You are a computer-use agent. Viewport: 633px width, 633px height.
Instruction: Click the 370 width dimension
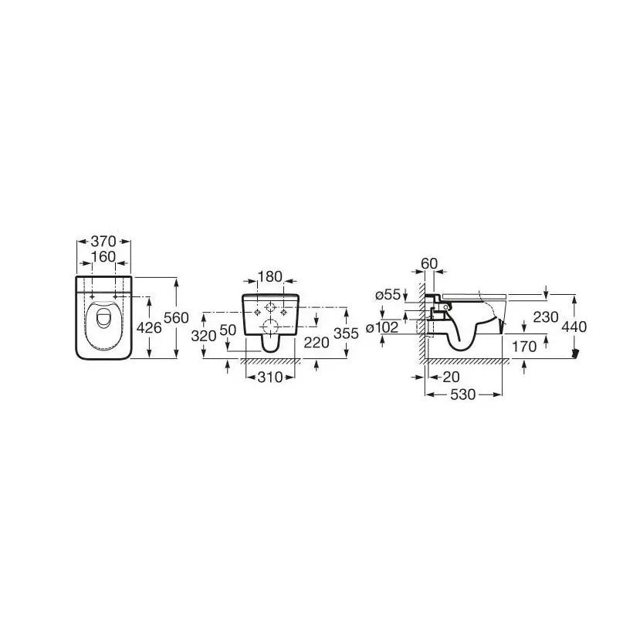103,242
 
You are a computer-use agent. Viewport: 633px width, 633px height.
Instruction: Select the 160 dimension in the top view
103,257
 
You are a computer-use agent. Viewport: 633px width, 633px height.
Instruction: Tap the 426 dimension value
149,328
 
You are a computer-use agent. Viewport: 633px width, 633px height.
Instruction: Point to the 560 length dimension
176,318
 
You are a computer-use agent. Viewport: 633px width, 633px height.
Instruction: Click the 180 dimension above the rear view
269,276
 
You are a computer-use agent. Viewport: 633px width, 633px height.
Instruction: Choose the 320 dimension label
204,336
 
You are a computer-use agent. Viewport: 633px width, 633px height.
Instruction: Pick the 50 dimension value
228,330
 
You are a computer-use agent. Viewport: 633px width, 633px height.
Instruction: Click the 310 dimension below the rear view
270,377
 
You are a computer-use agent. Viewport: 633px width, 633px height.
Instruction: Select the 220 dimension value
316,343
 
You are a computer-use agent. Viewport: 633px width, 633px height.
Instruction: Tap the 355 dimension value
346,333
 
